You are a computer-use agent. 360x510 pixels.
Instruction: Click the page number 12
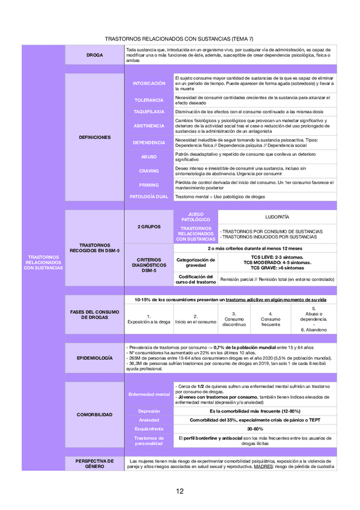[x=180, y=491]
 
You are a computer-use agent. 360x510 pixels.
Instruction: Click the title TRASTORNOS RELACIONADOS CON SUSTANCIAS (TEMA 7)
[x=179, y=38]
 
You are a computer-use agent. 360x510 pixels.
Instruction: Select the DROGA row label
[x=94, y=55]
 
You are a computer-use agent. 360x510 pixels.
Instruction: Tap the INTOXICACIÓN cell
[x=148, y=84]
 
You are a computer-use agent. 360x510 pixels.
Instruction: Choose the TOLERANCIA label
[x=148, y=100]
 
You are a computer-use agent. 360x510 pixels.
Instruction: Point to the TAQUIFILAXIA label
[x=148, y=112]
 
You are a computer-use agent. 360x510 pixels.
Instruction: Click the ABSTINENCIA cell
[x=148, y=126]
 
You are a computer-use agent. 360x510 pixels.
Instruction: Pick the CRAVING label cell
[x=148, y=171]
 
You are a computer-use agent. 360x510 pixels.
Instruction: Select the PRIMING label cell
[x=148, y=185]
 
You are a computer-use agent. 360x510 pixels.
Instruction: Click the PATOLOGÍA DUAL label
[x=148, y=197]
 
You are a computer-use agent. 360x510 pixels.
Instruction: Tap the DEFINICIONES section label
[x=94, y=138]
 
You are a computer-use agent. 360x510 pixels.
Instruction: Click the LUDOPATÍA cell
[x=277, y=217]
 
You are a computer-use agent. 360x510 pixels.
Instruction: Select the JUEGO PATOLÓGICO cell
[x=195, y=217]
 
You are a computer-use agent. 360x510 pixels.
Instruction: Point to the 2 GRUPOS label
[x=148, y=227]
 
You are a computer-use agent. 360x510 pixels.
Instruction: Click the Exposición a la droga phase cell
[x=148, y=319]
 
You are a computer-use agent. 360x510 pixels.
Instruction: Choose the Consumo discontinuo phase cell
[x=234, y=319]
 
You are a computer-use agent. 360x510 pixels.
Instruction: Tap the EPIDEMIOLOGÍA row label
[x=94, y=358]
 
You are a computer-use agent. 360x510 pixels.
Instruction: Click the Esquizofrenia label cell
[x=148, y=429]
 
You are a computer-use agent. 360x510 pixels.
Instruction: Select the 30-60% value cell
[x=255, y=429]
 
